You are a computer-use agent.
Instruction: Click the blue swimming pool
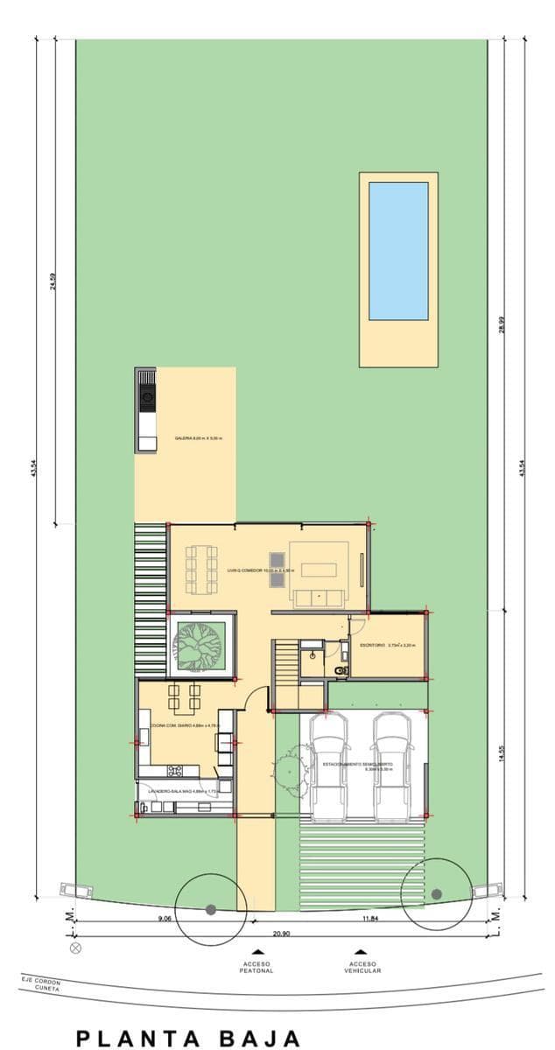coord(398,251)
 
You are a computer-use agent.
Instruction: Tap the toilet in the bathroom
coord(341,670)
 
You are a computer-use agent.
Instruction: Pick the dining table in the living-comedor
coord(203,570)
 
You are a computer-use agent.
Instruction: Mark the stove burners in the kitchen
coord(175,771)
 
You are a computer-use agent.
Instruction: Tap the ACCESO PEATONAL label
coord(257,967)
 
